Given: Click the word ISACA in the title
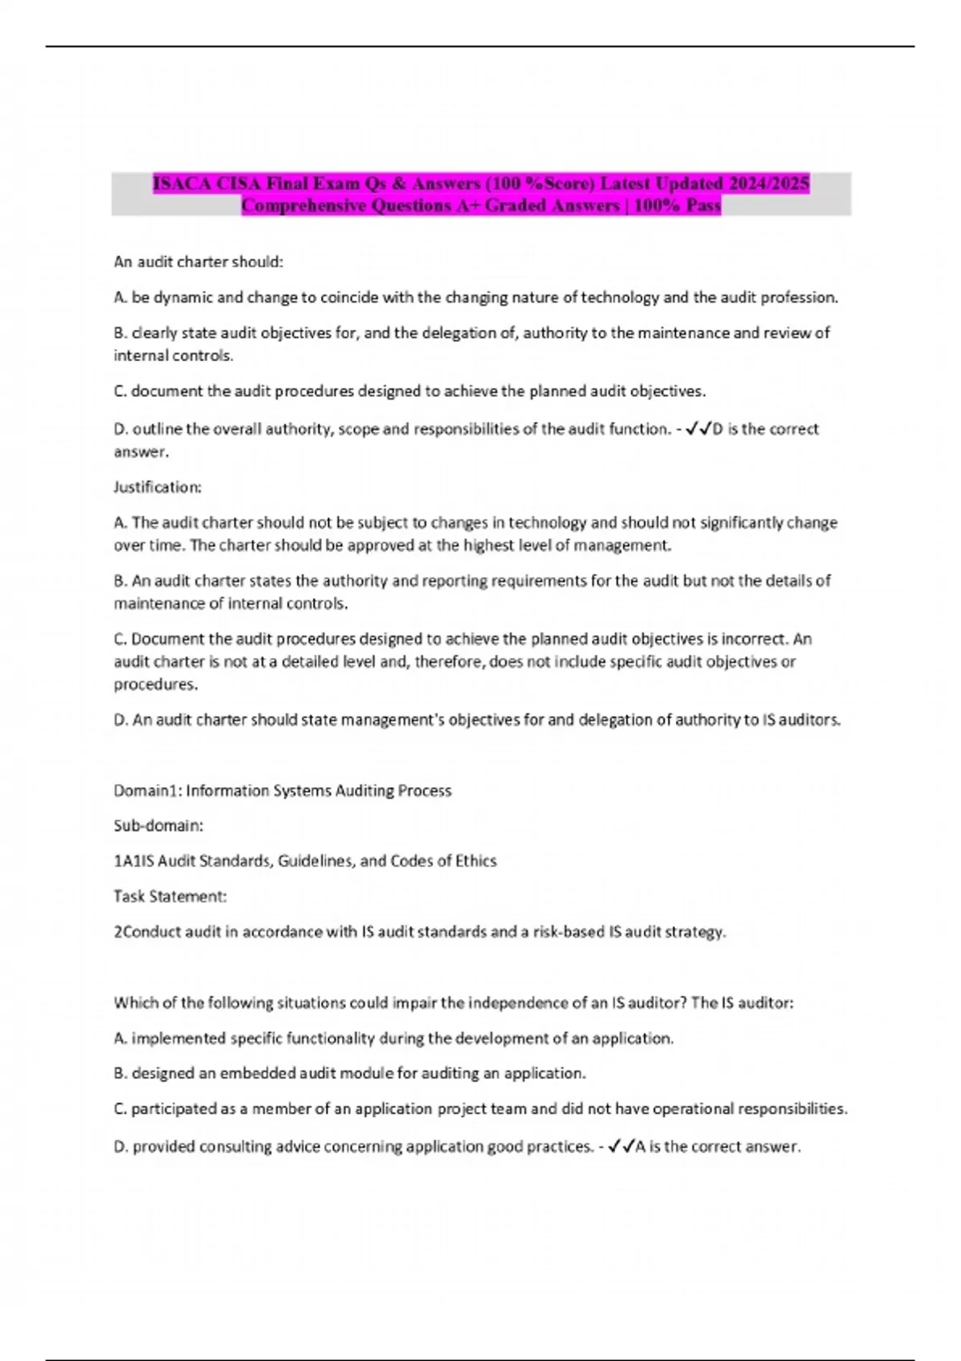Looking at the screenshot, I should tap(182, 184).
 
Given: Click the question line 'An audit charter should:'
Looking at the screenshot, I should tap(199, 262).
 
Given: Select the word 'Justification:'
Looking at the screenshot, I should tap(158, 487).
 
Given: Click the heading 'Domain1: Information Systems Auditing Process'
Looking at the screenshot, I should tap(283, 791).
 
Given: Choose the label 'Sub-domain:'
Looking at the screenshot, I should tap(159, 825).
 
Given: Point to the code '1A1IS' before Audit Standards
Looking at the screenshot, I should tap(134, 861).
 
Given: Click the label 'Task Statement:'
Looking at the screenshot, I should tap(170, 897).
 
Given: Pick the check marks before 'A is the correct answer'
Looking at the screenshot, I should tap(621, 1147).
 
